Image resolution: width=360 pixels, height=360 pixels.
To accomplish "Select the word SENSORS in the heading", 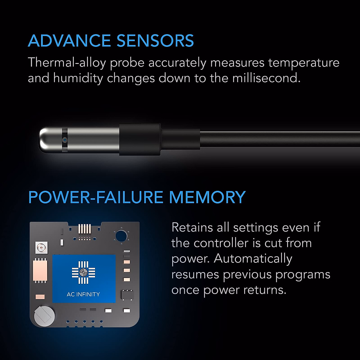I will pyautogui.click(x=155, y=41).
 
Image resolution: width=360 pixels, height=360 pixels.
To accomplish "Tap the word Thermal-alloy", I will pyautogui.click(x=67, y=63).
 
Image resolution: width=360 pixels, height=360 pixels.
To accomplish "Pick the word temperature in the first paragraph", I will pyautogui.click(x=304, y=63).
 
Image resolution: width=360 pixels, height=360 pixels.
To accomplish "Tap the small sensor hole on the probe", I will pyautogui.click(x=64, y=140).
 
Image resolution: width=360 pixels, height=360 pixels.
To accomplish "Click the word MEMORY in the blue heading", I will pyautogui.click(x=207, y=197).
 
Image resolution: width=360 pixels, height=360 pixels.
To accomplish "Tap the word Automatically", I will pyautogui.click(x=253, y=259).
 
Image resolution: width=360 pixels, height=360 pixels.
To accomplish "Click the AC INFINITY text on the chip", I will pyautogui.click(x=83, y=294).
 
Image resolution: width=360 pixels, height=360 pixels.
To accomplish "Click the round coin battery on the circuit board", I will pyautogui.click(x=44, y=315).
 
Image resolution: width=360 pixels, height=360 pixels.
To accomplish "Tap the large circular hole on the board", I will pyautogui.click(x=121, y=235).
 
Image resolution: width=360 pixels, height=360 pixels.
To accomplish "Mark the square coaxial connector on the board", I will pyautogui.click(x=41, y=247).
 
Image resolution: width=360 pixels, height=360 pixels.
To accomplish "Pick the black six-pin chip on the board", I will pyautogui.click(x=127, y=295).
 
